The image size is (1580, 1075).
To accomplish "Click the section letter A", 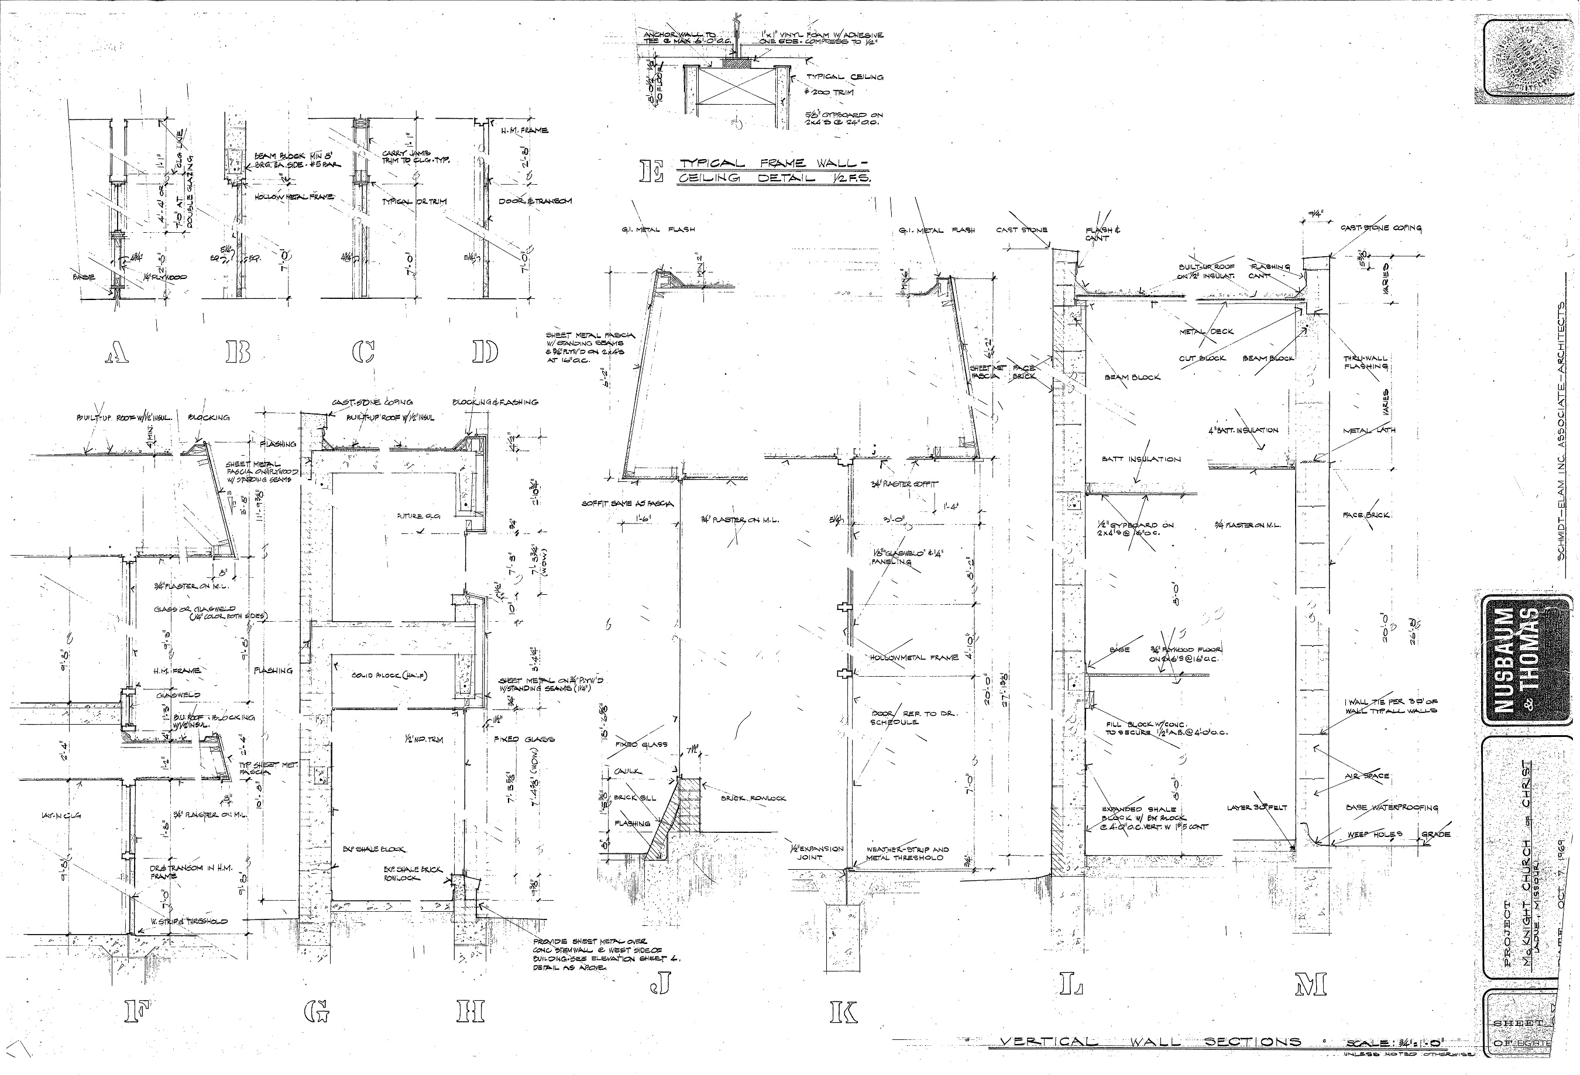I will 118,352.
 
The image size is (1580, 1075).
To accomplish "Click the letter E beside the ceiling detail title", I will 651,171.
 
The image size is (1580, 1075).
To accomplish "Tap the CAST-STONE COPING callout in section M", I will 1380,228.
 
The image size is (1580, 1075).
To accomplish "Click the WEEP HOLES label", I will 1375,834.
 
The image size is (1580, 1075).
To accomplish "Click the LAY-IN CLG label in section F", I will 60,815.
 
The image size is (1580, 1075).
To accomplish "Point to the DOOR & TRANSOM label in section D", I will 535,201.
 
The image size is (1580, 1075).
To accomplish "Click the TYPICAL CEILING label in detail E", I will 844,77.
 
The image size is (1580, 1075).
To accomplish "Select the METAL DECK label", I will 1206,332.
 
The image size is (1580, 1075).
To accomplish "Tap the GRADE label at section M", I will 1436,834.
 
